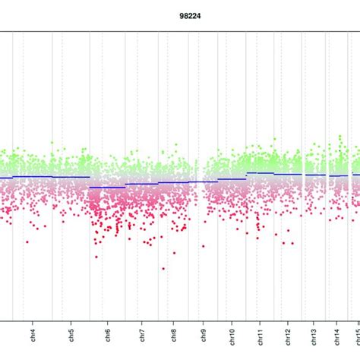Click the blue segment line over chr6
tap(107, 187)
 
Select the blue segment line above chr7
tap(142, 184)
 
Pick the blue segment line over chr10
tap(232, 179)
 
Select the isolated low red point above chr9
tap(203, 245)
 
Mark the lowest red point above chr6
tap(96, 257)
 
